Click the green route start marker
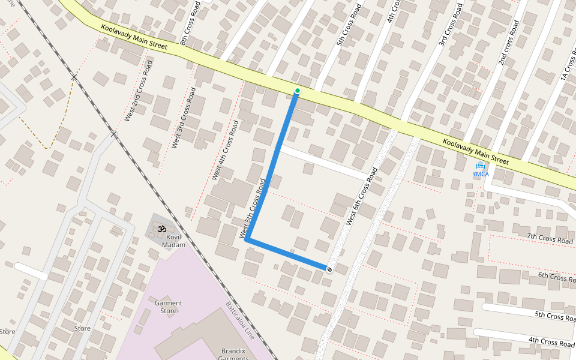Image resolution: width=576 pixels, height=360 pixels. [x=297, y=91]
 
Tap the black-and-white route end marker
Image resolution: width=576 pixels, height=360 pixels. [x=329, y=269]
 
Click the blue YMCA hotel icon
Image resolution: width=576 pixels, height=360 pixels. [x=480, y=166]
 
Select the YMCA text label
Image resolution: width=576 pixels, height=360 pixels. [x=480, y=174]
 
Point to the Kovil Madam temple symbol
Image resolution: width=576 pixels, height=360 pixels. [x=161, y=228]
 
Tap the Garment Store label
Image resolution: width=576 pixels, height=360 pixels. [x=169, y=307]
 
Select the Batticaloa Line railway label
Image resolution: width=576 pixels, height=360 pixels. [x=240, y=321]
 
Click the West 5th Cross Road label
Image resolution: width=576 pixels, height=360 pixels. [x=253, y=206]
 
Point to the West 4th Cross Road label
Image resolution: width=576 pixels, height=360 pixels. [x=226, y=150]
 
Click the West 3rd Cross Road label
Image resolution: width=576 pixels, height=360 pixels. [x=184, y=118]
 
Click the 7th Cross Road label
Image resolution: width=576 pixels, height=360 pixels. [x=550, y=239]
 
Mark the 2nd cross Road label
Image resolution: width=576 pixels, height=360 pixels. [x=508, y=43]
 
